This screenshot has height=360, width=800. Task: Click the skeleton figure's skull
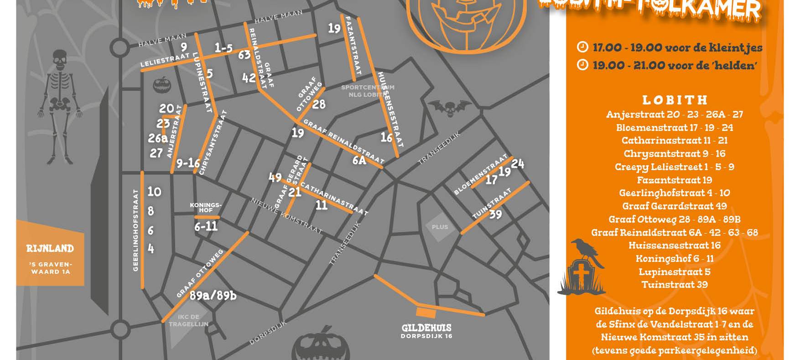60,60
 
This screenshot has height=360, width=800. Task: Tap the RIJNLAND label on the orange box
50,249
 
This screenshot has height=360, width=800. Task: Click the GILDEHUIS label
426,328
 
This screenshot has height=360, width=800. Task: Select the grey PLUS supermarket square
440,227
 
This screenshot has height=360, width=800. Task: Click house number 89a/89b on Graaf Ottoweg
213,296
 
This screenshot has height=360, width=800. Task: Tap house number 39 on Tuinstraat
495,214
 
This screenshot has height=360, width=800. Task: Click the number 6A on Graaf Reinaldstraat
359,160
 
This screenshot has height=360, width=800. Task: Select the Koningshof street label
206,208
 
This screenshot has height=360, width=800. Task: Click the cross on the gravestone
581,275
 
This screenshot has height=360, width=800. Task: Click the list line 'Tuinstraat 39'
675,285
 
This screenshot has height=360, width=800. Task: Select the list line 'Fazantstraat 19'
675,180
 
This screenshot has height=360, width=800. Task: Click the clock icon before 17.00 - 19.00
582,47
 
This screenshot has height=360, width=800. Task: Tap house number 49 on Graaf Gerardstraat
275,177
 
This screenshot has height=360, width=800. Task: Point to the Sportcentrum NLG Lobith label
368,91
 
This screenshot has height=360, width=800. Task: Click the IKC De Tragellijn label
188,320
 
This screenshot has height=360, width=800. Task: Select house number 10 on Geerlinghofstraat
154,191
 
